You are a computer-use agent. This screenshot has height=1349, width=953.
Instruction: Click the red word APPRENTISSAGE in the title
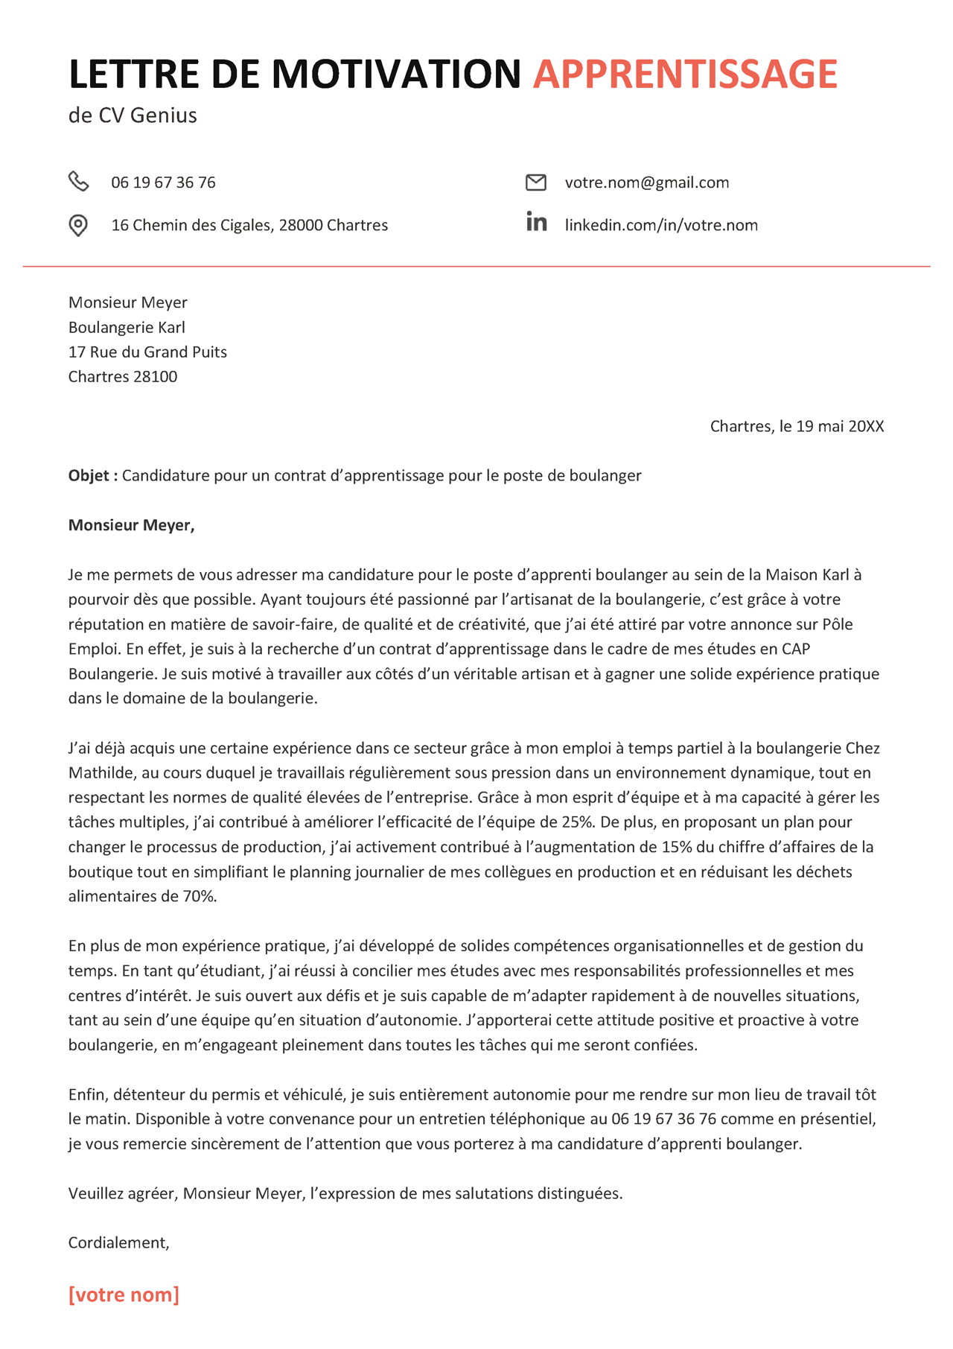pos(685,74)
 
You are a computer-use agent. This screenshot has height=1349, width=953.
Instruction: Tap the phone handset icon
pos(78,181)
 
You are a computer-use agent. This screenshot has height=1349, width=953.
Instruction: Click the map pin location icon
pos(78,225)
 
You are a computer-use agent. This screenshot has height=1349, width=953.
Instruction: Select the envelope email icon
pos(536,182)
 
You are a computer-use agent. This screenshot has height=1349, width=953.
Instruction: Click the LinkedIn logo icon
pos(536,222)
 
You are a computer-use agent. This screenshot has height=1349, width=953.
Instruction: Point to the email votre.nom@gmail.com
pos(646,182)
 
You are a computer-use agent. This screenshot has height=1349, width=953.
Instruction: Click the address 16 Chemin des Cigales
pos(249,225)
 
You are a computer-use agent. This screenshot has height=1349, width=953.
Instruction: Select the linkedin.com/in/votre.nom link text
pos(661,225)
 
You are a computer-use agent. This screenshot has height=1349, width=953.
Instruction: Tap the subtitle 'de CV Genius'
pos(133,115)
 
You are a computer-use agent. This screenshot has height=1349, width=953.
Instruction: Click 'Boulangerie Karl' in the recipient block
pos(127,327)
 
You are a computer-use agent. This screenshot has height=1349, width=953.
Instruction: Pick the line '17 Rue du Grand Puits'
pos(147,352)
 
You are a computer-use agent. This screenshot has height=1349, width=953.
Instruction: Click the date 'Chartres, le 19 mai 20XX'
pos(797,426)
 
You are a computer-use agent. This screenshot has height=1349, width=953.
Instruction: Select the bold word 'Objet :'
pos(93,475)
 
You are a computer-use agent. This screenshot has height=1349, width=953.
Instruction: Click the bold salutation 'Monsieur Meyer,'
pos(131,525)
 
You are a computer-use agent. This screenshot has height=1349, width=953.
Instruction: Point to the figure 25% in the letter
pos(577,822)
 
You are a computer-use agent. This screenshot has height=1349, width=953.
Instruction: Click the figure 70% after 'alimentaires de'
pos(200,896)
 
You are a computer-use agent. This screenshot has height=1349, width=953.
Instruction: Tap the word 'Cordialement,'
pos(119,1242)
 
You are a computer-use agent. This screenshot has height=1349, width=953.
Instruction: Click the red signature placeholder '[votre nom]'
pos(124,1295)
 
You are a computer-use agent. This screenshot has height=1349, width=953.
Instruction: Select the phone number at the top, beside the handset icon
pos(163,182)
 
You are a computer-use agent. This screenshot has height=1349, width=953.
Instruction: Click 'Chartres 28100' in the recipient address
pos(123,376)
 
